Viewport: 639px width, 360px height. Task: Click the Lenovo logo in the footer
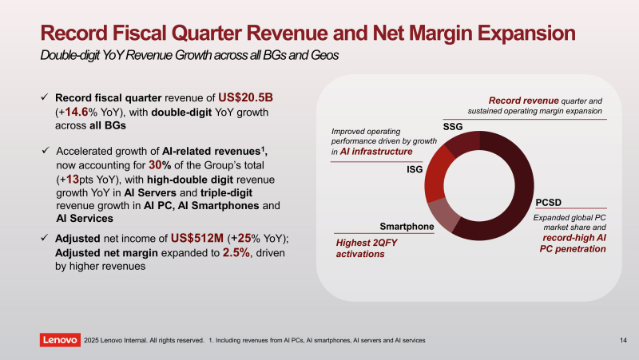(60, 341)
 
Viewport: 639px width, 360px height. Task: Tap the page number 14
(623, 341)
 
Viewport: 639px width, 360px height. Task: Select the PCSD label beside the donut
(550, 203)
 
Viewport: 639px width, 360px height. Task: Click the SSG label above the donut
(453, 128)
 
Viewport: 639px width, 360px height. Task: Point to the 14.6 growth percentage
(81, 112)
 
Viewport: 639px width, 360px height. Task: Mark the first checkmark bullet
(46, 97)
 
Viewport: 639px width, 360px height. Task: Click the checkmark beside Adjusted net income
(46, 238)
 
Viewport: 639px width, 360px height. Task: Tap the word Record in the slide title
(74, 34)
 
